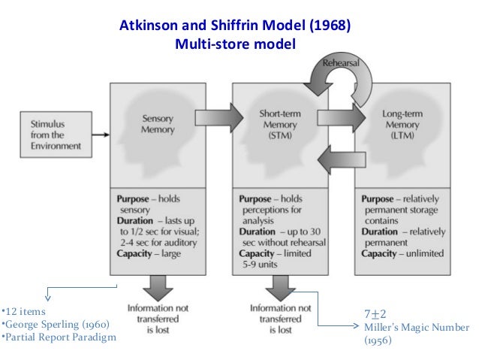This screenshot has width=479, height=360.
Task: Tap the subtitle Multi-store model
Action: pyautogui.click(x=235, y=44)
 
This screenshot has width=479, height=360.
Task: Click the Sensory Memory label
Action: pyautogui.click(x=159, y=123)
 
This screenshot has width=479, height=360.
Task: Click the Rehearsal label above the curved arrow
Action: pyautogui.click(x=342, y=63)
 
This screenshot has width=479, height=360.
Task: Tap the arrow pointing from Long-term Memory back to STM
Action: pyautogui.click(x=339, y=159)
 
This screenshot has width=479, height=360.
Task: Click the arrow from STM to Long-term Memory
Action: pyautogui.click(x=340, y=117)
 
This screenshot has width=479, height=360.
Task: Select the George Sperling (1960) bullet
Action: pyautogui.click(x=56, y=324)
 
